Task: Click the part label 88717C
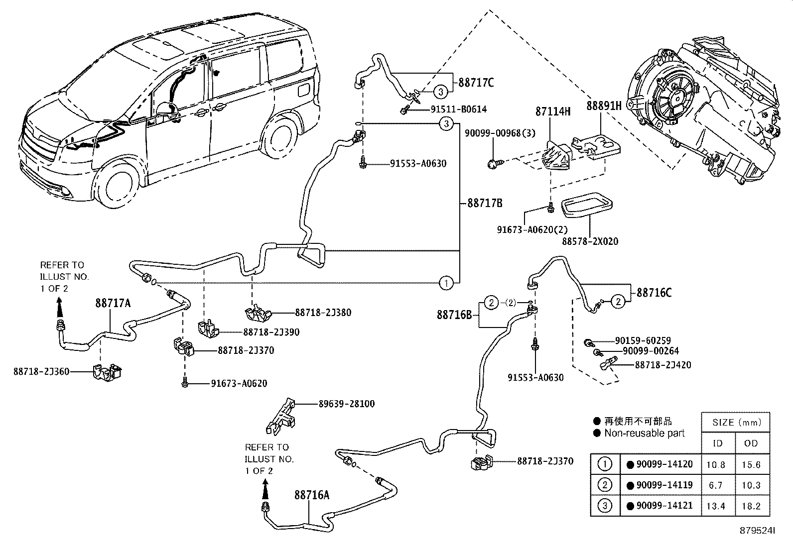coord(476,82)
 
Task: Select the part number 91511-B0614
coord(458,109)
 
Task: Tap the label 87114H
coord(552,111)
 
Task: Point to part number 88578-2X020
coord(590,241)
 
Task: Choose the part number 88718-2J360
coord(41,371)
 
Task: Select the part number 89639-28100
coord(346,404)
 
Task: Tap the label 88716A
coord(312,495)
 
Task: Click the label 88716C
coord(654,293)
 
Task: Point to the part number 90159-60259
coord(643,341)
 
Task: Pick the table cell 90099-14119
coord(660,485)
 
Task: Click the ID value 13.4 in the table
coord(716,506)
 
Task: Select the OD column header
coord(751,443)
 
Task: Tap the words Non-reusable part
coord(644,434)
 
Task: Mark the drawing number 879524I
coord(757,531)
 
